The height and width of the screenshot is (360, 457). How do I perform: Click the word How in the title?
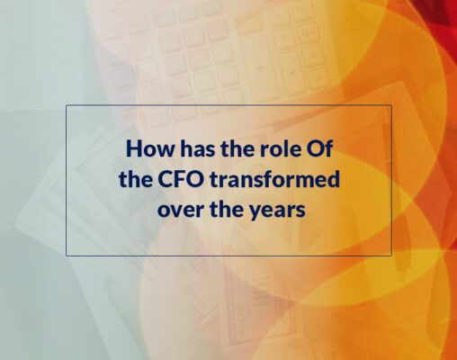150,148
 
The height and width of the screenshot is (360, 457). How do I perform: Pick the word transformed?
274,179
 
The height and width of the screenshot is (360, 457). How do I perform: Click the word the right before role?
237,148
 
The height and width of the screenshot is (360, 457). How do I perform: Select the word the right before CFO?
136,179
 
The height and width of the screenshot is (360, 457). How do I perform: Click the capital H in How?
133,148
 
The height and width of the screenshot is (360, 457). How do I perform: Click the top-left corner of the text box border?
67,105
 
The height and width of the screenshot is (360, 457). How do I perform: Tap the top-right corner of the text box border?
391,105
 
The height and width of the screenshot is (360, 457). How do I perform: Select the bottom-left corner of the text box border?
67,256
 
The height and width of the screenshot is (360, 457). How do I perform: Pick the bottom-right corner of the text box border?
391,256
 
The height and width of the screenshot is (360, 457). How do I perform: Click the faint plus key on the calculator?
260,68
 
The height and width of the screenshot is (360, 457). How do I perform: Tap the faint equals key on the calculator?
318,78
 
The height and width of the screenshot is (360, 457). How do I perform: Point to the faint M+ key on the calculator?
307,32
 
